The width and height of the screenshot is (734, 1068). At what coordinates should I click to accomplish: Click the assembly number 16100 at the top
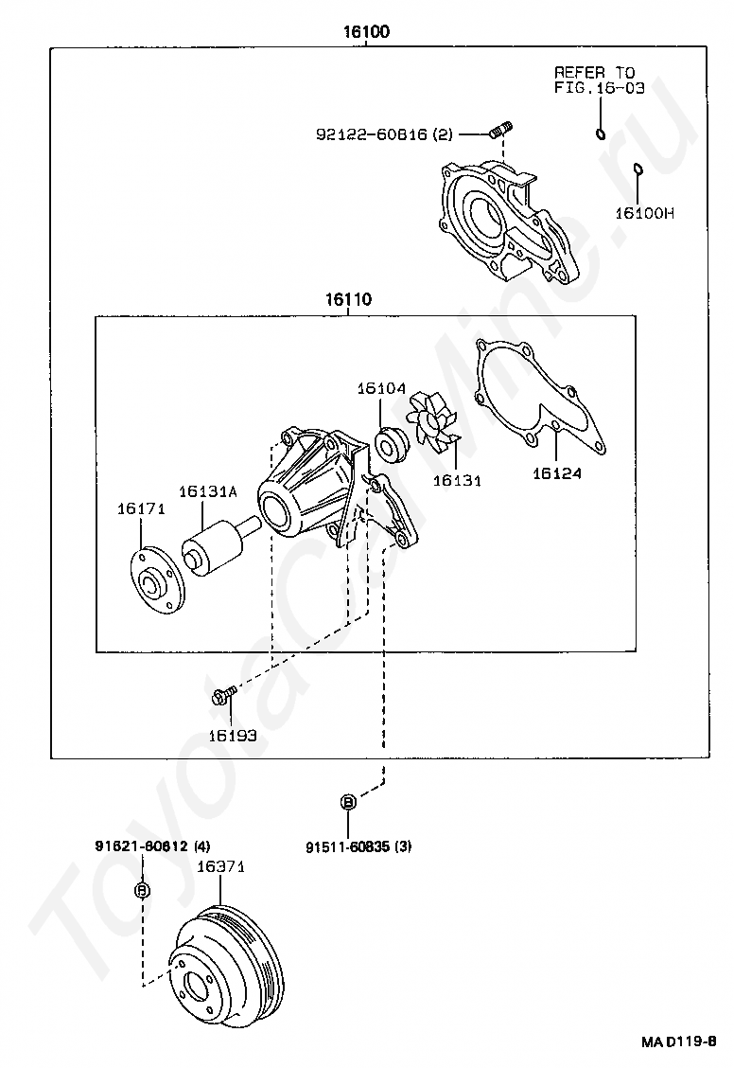pyautogui.click(x=366, y=31)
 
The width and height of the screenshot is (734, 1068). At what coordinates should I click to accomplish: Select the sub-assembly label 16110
pyautogui.click(x=348, y=299)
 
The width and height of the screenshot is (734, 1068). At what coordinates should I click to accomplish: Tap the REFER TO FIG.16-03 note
pyautogui.click(x=600, y=80)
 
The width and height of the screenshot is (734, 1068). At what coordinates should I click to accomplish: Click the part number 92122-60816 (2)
pyautogui.click(x=384, y=134)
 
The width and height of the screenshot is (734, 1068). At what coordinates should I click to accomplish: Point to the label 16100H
pyautogui.click(x=645, y=213)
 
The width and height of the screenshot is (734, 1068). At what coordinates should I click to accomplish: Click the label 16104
pyautogui.click(x=381, y=388)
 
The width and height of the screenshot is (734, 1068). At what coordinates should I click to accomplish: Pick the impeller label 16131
pyautogui.click(x=457, y=480)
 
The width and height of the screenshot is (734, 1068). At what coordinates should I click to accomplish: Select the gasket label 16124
pyautogui.click(x=557, y=472)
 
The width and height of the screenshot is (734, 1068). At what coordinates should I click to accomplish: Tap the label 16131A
pyautogui.click(x=208, y=491)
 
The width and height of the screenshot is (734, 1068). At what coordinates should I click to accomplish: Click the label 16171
pyautogui.click(x=141, y=508)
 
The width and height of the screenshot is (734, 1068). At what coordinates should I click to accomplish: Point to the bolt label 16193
pyautogui.click(x=233, y=736)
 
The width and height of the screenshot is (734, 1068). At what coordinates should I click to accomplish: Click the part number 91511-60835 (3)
pyautogui.click(x=358, y=846)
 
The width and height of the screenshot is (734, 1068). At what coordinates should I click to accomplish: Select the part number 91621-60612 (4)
pyautogui.click(x=152, y=845)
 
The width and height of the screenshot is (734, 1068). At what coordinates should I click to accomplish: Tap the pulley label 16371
pyautogui.click(x=220, y=866)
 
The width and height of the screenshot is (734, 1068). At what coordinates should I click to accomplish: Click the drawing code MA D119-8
pyautogui.click(x=678, y=1041)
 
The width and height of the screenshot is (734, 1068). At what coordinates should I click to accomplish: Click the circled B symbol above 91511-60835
pyautogui.click(x=348, y=802)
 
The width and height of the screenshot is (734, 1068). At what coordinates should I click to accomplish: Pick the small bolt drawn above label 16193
pyautogui.click(x=224, y=695)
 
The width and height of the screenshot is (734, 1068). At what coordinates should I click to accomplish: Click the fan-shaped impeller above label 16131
pyautogui.click(x=432, y=430)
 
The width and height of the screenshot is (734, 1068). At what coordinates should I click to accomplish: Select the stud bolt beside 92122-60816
pyautogui.click(x=501, y=130)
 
